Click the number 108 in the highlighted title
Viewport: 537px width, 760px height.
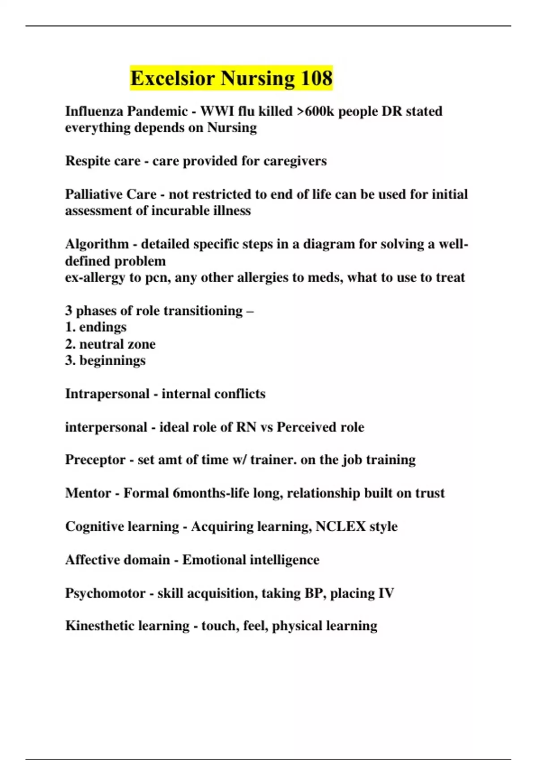click(316, 78)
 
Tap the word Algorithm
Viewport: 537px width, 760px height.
click(97, 244)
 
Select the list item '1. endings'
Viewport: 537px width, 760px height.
click(96, 327)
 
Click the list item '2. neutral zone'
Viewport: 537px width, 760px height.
click(111, 344)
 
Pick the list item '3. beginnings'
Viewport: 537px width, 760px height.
click(105, 360)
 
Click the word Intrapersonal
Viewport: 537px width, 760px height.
click(107, 394)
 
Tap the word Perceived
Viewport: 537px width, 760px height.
click(307, 427)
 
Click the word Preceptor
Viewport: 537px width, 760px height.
click(95, 460)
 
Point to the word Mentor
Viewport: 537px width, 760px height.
click(88, 493)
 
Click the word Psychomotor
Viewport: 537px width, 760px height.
click(105, 593)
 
